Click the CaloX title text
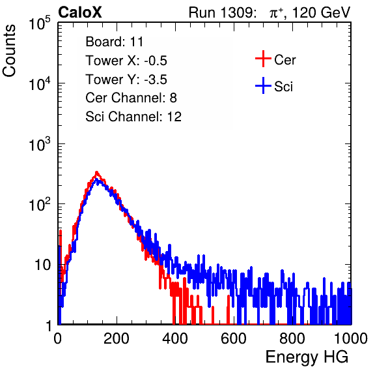79,12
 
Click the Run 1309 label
222,12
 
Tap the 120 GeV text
321,12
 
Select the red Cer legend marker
263,59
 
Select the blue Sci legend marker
263,86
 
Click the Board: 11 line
115,42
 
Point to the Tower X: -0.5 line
126,61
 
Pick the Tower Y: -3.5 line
126,80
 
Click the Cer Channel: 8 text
131,98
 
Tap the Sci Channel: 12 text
133,117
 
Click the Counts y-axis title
9,51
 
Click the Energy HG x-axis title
307,357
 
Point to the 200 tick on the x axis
117,338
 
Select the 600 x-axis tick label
234,338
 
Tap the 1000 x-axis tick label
351,338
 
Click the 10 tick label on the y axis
42,265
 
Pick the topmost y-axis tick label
40,23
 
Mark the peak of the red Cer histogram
96,172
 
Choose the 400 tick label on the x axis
175,338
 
